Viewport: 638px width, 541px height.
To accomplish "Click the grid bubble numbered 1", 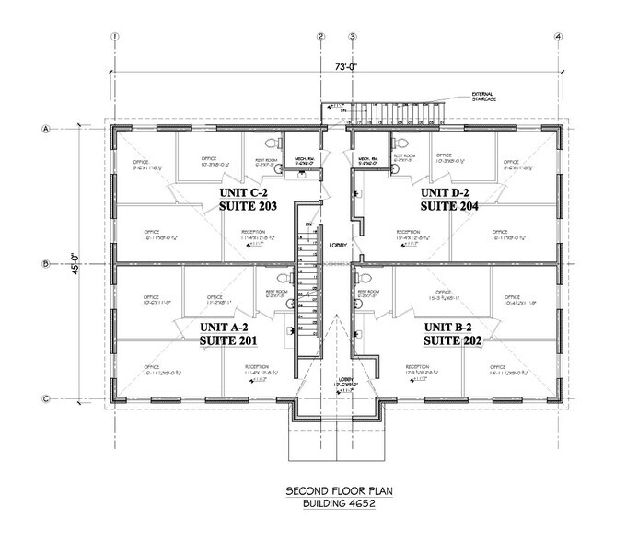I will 115,37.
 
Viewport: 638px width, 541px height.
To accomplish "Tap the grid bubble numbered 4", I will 558,37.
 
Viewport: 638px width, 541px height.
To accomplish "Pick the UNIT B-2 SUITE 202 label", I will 451,333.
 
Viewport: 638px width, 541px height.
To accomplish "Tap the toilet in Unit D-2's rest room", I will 398,144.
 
